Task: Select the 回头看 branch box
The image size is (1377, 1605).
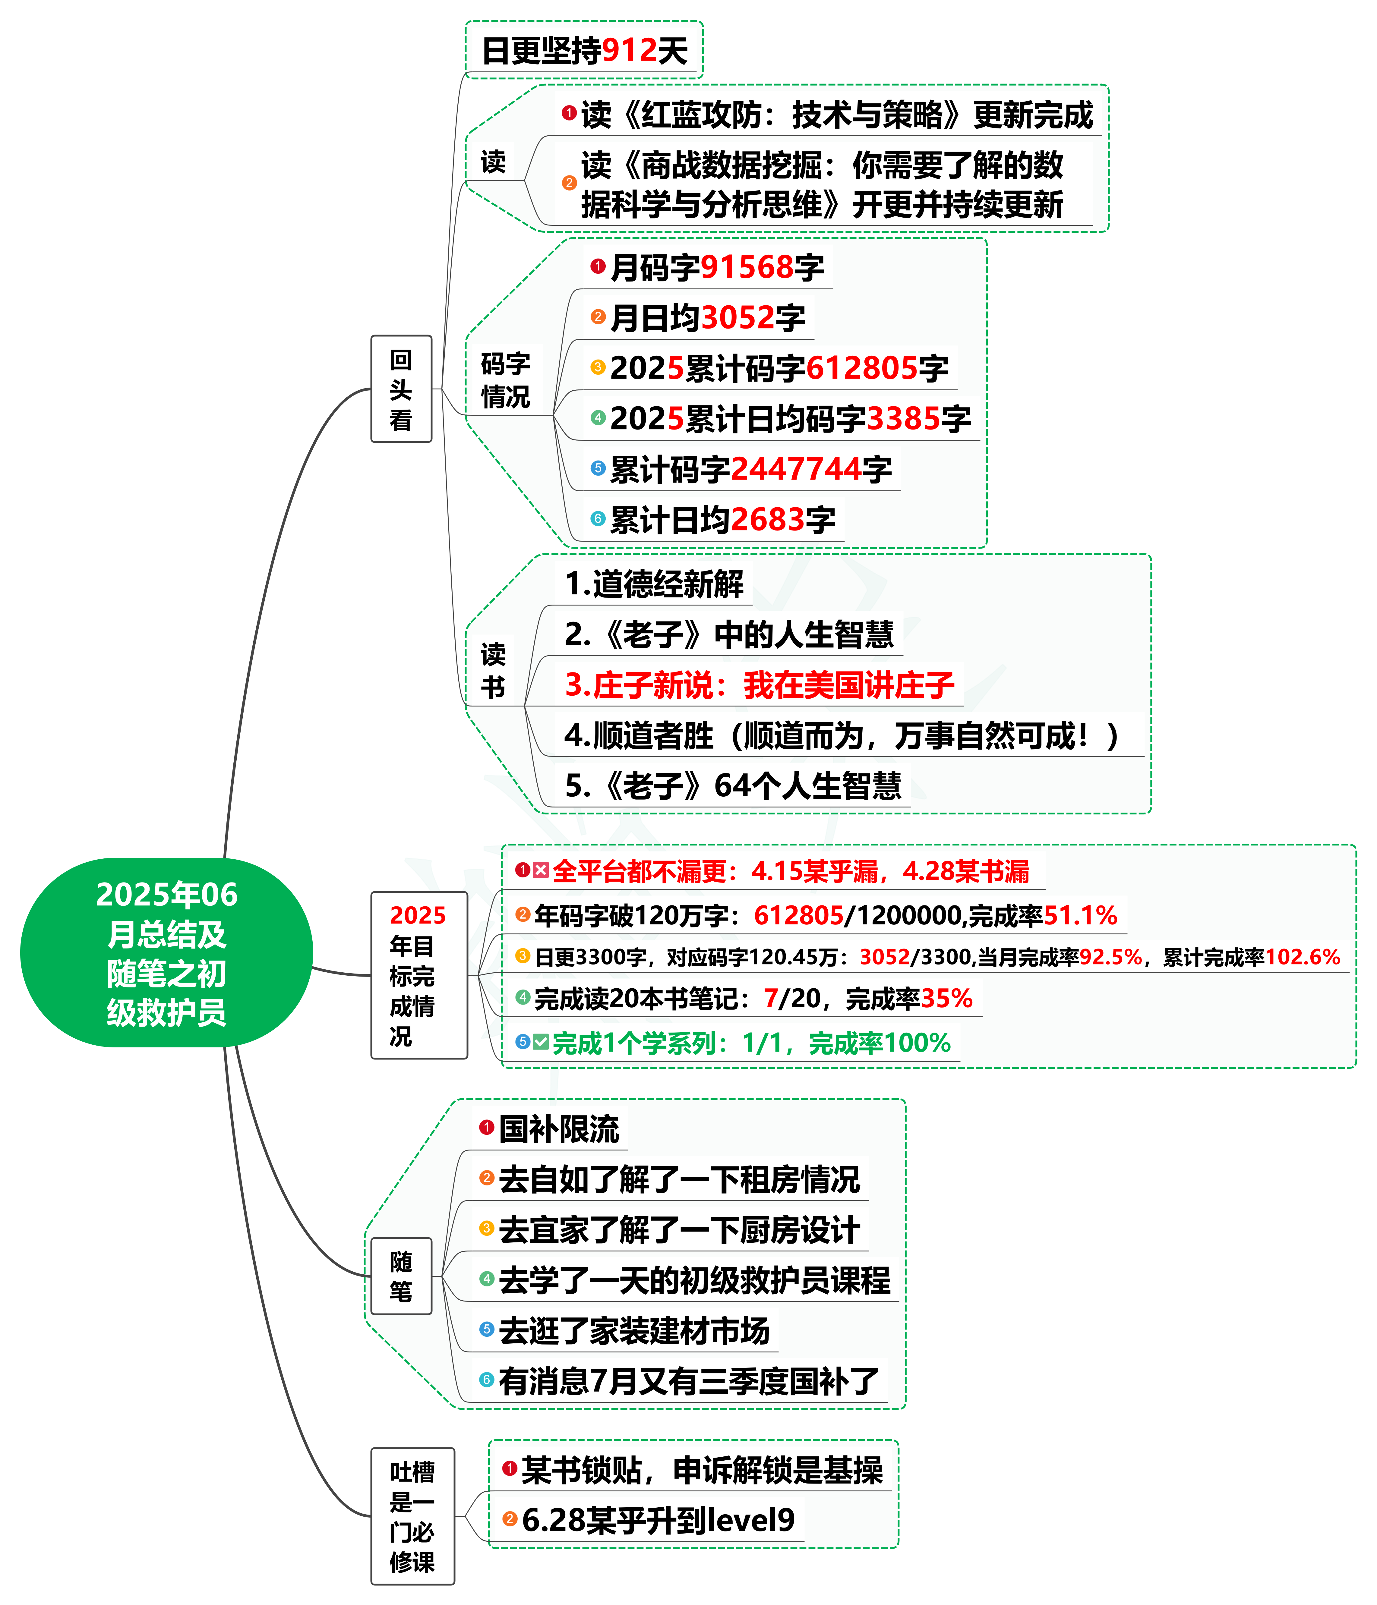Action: click(x=401, y=389)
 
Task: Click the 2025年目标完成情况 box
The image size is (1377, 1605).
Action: click(x=418, y=974)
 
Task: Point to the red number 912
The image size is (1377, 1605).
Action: click(x=629, y=51)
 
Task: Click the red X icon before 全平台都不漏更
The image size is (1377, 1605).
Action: click(x=541, y=871)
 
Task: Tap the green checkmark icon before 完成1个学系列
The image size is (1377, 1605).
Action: click(x=541, y=1042)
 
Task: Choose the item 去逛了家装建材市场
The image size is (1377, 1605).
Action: click(x=634, y=1331)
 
